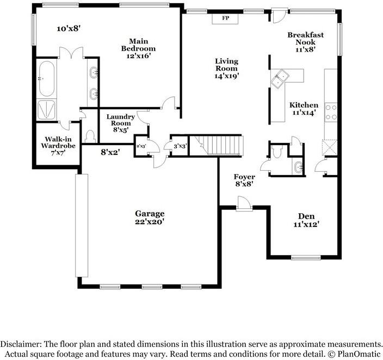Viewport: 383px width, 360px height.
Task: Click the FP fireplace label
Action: (225, 18)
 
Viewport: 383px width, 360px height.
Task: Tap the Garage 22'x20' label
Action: (150, 218)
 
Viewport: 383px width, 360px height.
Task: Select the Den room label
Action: (306, 220)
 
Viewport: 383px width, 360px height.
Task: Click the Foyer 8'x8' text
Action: (244, 180)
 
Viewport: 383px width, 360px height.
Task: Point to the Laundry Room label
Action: (121, 123)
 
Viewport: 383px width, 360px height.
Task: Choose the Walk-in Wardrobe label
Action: (58, 146)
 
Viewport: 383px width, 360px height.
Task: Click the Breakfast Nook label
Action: (305, 42)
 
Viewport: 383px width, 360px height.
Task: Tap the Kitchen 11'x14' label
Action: (304, 109)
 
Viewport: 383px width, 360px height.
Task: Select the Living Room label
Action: (226, 69)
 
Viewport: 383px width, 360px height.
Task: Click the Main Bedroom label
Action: (138, 48)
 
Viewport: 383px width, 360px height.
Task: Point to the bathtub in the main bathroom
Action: (46, 78)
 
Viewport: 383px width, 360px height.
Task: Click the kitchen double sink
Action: (280, 78)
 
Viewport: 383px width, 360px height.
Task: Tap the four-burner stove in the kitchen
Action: (331, 113)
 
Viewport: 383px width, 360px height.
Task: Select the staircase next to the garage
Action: (216, 146)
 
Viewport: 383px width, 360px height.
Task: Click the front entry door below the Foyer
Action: (244, 203)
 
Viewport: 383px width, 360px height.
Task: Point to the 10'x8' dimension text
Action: (69, 29)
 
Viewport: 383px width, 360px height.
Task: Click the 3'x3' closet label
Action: (180, 146)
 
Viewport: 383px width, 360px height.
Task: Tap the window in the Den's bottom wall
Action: (306, 257)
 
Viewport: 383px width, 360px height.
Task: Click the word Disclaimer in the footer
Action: (20, 344)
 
